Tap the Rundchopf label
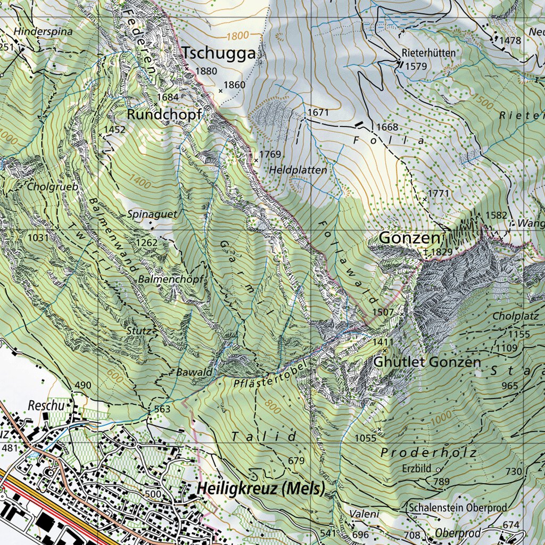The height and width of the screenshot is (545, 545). tap(164, 114)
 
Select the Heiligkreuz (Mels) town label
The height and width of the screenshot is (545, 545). tap(260, 489)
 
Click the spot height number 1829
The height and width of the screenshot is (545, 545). tap(441, 252)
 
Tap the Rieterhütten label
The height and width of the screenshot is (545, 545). tap(429, 53)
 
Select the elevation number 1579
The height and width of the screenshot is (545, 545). tap(416, 67)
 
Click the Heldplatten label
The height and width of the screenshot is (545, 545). tap(298, 170)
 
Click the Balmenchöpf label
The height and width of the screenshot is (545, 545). tap(163, 279)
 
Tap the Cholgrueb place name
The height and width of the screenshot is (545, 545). tap(53, 187)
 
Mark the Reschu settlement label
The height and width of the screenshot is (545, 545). tap(46, 406)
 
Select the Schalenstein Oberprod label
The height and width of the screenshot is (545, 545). tap(458, 508)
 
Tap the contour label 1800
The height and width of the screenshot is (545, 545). tap(237, 36)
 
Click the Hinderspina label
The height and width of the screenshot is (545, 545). tap(43, 31)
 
